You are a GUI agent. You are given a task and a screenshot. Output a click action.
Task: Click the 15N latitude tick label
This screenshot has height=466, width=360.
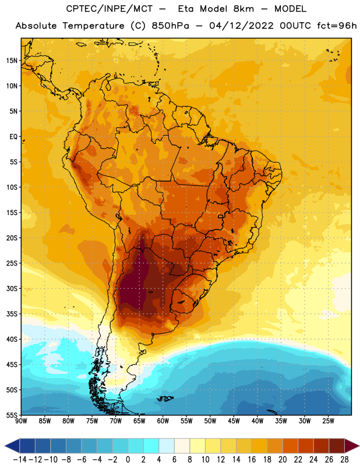click(x=12, y=61)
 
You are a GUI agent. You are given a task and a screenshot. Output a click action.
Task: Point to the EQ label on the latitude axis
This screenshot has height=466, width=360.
click(x=13, y=137)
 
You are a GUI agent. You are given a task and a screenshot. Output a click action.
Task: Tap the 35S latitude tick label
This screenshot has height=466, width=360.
click(x=12, y=314)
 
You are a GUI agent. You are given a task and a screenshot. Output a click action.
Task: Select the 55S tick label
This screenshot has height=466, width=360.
click(x=12, y=415)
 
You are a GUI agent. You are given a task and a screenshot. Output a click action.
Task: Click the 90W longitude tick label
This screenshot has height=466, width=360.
click(x=21, y=421)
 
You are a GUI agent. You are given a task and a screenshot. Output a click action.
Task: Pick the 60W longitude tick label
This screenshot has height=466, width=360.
click(x=163, y=421)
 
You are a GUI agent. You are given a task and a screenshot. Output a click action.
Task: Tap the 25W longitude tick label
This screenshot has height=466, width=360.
click(x=328, y=421)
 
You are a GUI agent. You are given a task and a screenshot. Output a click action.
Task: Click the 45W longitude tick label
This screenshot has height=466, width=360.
click(x=234, y=421)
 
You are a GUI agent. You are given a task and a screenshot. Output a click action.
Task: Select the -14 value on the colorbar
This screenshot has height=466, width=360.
click(x=20, y=460)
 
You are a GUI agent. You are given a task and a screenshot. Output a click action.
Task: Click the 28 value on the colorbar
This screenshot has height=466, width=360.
click(x=344, y=460)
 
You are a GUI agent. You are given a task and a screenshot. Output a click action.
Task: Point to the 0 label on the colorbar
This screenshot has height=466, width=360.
click(x=128, y=460)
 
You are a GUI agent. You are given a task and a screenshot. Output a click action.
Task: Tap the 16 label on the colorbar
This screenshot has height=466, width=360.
click(x=252, y=460)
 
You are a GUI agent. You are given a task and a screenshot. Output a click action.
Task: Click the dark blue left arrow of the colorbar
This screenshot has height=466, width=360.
click(x=12, y=446)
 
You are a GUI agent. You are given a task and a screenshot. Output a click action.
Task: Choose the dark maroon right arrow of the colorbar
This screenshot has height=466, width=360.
click(x=352, y=446)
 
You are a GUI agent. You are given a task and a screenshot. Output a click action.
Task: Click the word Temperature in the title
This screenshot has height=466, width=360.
click(x=93, y=26)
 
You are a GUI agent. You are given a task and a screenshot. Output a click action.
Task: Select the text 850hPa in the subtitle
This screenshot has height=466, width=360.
click(x=170, y=26)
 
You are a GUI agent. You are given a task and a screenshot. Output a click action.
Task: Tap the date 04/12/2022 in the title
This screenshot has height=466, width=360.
click(x=241, y=26)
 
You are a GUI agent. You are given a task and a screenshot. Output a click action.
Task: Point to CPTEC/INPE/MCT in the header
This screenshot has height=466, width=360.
click(x=109, y=9)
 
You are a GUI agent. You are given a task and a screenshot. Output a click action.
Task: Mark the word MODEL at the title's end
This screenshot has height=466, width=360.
click(x=290, y=9)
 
